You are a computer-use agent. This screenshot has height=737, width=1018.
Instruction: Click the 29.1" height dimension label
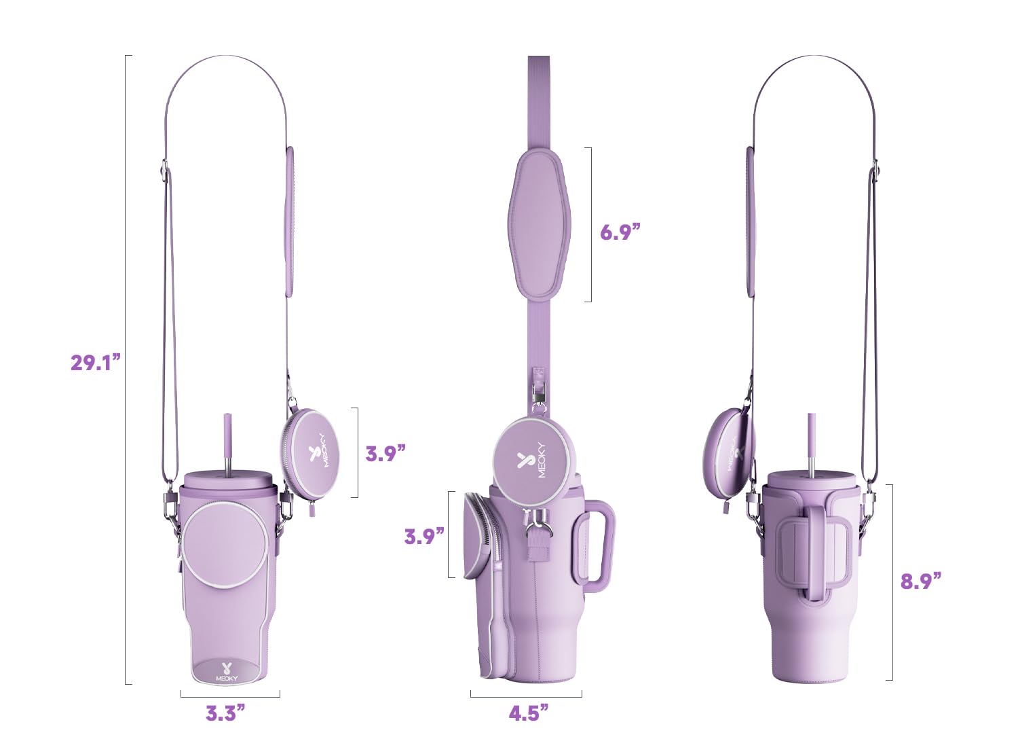(96, 362)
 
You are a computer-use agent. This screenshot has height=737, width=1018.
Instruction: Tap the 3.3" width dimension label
(225, 713)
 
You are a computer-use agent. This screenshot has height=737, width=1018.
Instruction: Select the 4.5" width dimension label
(528, 713)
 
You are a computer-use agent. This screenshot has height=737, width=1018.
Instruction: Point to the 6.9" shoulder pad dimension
(620, 232)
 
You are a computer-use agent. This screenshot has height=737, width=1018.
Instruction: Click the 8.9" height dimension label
(921, 581)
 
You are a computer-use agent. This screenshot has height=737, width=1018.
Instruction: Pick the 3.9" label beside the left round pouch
(385, 453)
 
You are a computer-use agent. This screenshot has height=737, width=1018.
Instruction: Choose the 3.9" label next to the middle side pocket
(424, 536)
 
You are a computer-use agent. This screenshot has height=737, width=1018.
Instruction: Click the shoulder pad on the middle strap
(540, 224)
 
